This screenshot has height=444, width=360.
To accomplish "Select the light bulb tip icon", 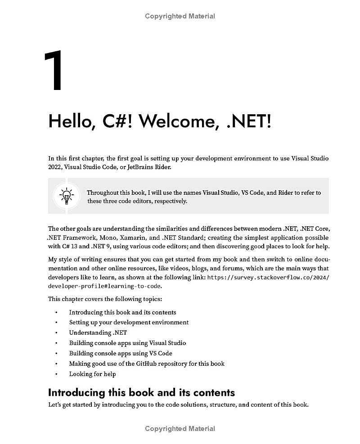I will [67, 196].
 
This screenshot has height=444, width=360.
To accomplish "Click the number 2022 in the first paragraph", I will [55, 167].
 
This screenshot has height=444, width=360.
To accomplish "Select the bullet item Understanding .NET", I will [98, 333].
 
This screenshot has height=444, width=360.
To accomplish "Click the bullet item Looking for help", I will [92, 374].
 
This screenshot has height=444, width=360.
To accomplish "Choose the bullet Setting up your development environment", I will [129, 323].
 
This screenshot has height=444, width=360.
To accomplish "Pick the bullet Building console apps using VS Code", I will [120, 353].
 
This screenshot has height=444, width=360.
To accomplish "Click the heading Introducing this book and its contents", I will [141, 392].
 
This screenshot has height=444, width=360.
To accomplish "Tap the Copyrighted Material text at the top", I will [180, 16].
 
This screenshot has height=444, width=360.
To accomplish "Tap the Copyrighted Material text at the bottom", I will [180, 429].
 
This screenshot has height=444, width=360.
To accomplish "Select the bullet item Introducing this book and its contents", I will [122, 312].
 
